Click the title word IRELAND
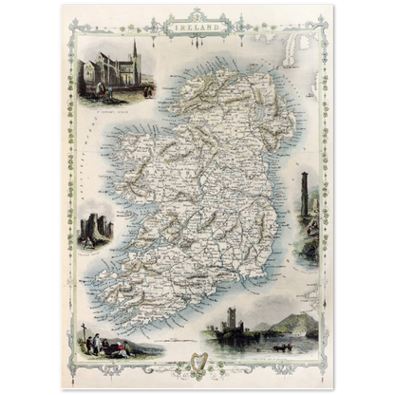click(x=196, y=28)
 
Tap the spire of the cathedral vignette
click(x=135, y=47)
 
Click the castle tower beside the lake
click(x=230, y=319)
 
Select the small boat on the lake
click(x=281, y=347)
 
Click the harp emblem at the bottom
click(x=198, y=362)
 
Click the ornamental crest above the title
click(x=197, y=14)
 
